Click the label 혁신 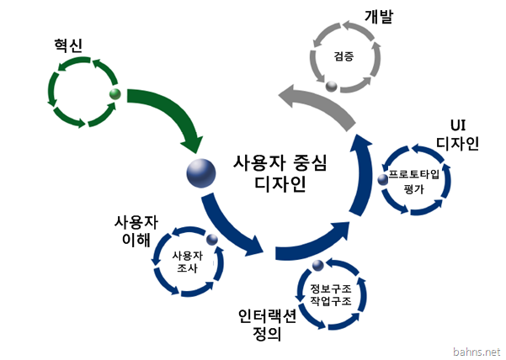(68, 45)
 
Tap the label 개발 (379, 17)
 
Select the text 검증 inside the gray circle (344, 56)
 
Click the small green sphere (115, 94)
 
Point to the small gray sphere (331, 86)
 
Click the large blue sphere (201, 173)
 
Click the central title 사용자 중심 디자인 (280, 173)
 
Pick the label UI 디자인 (458, 135)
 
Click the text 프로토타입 (413, 174)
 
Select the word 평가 (413, 189)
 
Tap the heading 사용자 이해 (136, 231)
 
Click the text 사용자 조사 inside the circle (187, 262)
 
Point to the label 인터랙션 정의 (267, 326)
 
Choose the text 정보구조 (330, 288)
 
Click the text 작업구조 (330, 300)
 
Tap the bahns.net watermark (477, 352)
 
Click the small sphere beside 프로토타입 (383, 179)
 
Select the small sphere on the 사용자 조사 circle (212, 239)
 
